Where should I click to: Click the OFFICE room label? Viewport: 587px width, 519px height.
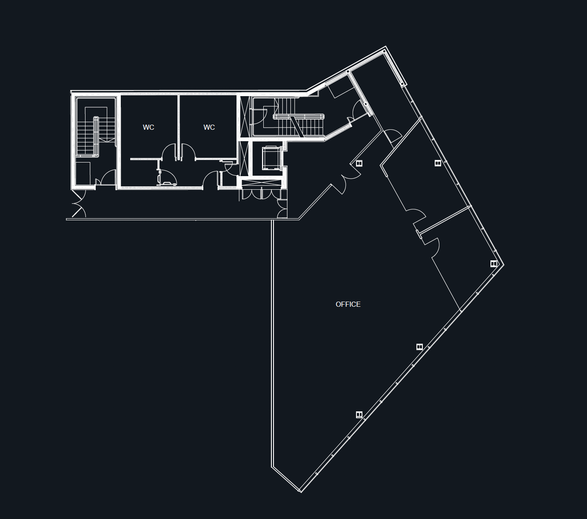[348, 304]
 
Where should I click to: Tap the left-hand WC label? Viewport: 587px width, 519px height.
[148, 127]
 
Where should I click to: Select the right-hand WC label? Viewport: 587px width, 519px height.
[209, 127]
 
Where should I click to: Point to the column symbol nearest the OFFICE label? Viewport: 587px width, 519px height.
[419, 347]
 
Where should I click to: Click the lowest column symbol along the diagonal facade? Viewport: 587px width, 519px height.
[359, 415]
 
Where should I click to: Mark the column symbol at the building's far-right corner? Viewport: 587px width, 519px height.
[494, 263]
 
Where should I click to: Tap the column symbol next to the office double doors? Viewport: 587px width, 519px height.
[359, 163]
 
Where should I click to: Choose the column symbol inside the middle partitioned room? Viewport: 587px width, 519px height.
[438, 163]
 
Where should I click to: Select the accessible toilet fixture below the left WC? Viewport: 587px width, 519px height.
[167, 178]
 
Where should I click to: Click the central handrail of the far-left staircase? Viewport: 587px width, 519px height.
[96, 137]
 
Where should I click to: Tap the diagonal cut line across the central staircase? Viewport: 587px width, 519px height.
[297, 126]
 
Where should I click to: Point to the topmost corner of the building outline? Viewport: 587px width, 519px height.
[385, 46]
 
